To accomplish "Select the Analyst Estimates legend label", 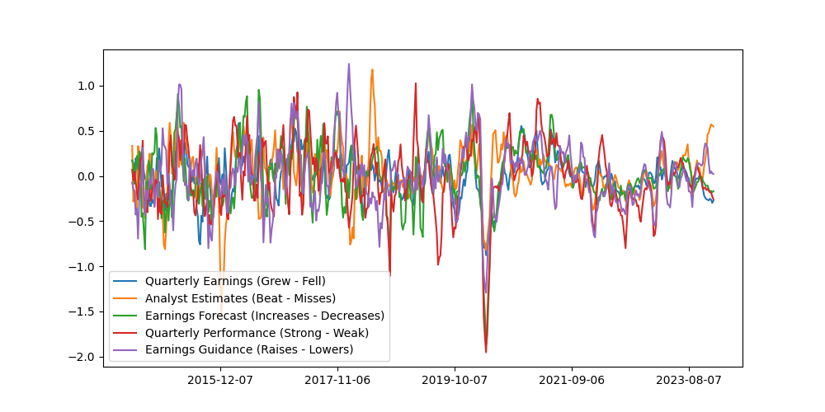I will coord(240,298).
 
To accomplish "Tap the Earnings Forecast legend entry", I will coord(264,316).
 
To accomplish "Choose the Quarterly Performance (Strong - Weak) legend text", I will coord(257,333).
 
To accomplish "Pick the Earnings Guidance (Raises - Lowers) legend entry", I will coord(249,350).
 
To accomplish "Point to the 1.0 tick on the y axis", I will coord(86,86).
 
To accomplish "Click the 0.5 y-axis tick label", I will coord(86,131).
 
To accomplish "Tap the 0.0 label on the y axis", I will coord(86,176).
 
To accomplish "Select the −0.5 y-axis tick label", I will coord(82,222).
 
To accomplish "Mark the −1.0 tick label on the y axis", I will coord(82,267).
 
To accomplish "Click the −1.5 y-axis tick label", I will coord(82,311).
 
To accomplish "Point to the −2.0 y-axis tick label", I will coord(82,357).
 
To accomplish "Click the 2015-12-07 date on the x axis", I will coord(220,380).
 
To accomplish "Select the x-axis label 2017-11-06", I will coord(337,380).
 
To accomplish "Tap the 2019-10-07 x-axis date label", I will coord(455,380).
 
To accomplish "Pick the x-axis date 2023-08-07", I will coord(689,380).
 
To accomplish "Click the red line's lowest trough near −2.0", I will coord(486,353).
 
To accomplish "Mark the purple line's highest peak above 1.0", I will coord(348,64).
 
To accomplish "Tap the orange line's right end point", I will coord(714,126).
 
